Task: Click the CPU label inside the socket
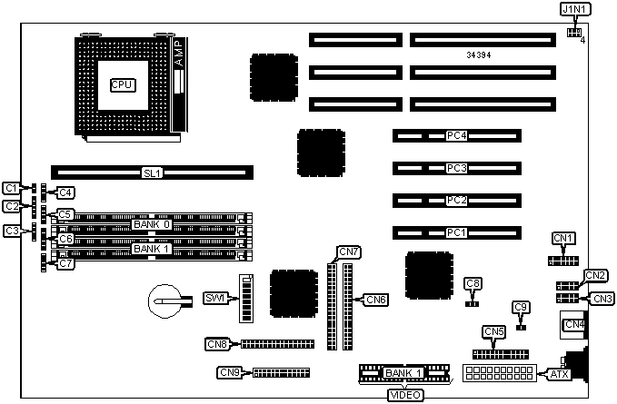point(122,84)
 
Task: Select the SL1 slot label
point(152,172)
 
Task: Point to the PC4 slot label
point(456,136)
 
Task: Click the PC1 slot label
point(456,232)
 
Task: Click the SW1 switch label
point(214,299)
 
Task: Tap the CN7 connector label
point(349,251)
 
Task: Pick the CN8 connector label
point(217,343)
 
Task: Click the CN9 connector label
point(230,372)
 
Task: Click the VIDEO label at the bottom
point(404,395)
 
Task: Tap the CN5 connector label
point(493,331)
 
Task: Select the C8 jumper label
point(472,284)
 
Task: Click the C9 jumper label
point(520,308)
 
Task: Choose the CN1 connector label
point(564,239)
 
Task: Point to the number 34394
point(481,54)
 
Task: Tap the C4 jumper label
point(65,192)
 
